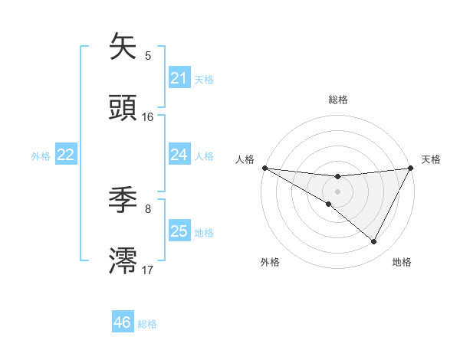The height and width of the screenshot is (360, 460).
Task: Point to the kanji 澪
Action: (x=124, y=260)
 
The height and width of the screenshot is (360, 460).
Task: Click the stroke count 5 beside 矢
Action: (x=148, y=55)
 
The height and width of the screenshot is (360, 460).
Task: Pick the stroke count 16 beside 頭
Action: (x=148, y=117)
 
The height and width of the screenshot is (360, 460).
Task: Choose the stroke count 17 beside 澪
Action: (x=148, y=270)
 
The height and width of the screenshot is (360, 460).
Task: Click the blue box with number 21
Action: (x=179, y=78)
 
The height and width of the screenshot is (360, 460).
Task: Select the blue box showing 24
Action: (x=179, y=155)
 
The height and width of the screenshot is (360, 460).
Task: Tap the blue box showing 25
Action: (x=179, y=231)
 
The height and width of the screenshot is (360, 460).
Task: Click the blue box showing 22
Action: (x=66, y=155)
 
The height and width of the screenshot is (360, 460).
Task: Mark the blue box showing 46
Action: (x=122, y=322)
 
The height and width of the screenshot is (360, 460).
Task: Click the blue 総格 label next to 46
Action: (x=147, y=324)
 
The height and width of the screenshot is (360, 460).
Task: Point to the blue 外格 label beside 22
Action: (x=41, y=156)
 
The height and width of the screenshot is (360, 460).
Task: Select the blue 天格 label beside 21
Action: (x=204, y=79)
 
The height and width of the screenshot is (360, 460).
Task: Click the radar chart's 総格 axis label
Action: (x=337, y=100)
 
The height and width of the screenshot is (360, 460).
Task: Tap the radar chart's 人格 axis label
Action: (x=245, y=159)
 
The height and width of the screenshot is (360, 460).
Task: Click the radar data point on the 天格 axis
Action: (x=412, y=168)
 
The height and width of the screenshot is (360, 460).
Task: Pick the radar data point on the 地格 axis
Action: (x=374, y=242)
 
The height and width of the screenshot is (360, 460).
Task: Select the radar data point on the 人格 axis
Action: (x=264, y=168)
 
